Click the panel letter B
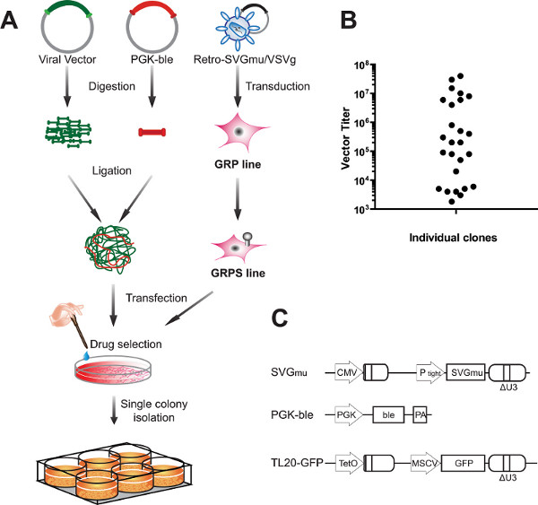click(x=349, y=20)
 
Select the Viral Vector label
click(x=67, y=59)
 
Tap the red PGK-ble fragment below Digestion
click(x=152, y=132)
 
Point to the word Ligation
click(x=112, y=170)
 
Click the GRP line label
click(x=238, y=164)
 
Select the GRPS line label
click(x=239, y=273)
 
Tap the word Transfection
click(x=156, y=298)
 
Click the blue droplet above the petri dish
click(x=86, y=356)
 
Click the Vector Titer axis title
click(x=345, y=138)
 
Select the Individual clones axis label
click(x=453, y=238)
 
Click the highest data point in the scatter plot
click(x=461, y=76)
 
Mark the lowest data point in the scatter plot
click(x=452, y=202)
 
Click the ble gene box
click(x=388, y=414)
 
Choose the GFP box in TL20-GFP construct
click(x=463, y=463)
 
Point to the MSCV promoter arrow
click(x=425, y=463)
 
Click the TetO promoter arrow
click(x=349, y=463)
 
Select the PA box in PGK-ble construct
click(x=420, y=414)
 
